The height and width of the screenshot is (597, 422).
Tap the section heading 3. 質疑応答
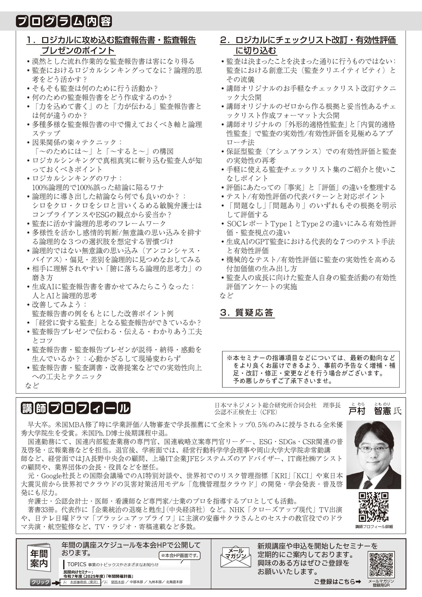pos(247,312)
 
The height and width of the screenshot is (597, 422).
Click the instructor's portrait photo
pos(374,455)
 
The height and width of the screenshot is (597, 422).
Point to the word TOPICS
pos(76,564)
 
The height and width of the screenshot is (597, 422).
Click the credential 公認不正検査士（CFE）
pos(246,412)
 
